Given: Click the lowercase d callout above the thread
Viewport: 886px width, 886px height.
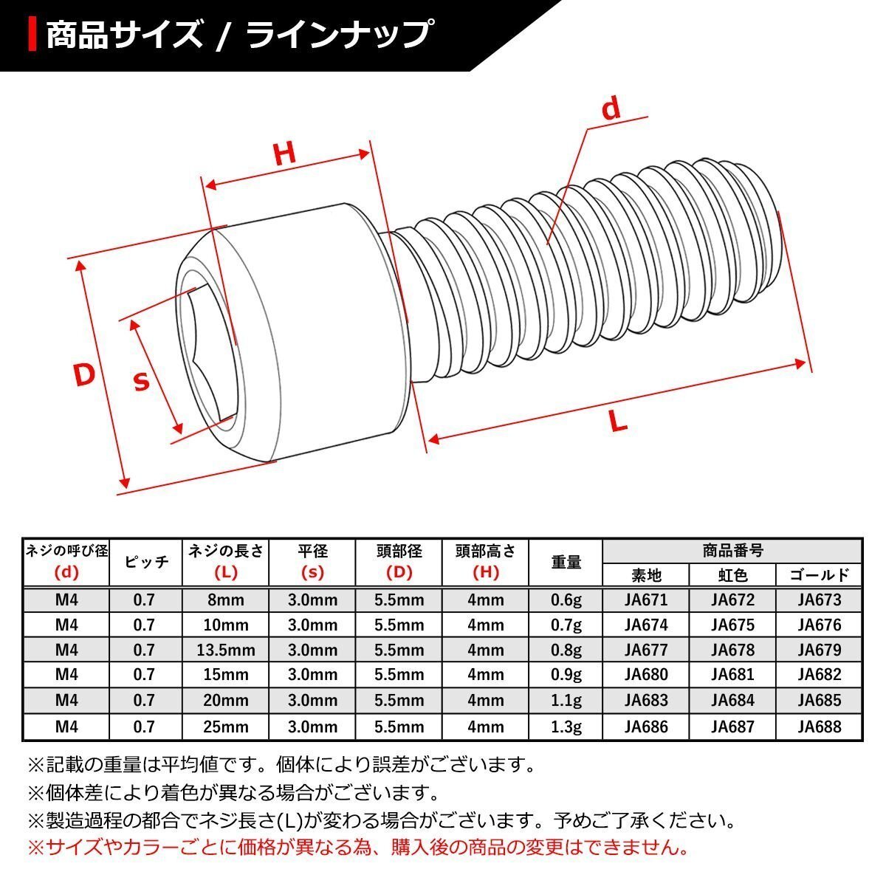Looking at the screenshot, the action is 611,109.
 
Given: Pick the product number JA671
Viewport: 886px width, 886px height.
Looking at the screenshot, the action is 645,600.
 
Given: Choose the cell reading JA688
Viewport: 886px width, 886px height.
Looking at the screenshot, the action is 819,727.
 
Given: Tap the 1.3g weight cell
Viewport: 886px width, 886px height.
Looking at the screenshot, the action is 566,727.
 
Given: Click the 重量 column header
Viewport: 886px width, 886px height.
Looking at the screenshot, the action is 566,562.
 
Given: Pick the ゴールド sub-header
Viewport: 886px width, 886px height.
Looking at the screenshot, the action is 819,575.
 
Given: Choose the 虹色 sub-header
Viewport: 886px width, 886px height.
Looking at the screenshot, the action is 732,575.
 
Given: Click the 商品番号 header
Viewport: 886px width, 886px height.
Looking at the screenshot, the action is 732,551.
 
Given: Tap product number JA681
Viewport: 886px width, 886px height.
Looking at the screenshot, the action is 732,675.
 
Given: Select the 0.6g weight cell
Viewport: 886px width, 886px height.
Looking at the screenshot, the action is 566,600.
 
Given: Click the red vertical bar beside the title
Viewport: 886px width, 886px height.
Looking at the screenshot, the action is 32,35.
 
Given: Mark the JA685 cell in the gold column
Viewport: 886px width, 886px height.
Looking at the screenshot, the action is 819,701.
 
